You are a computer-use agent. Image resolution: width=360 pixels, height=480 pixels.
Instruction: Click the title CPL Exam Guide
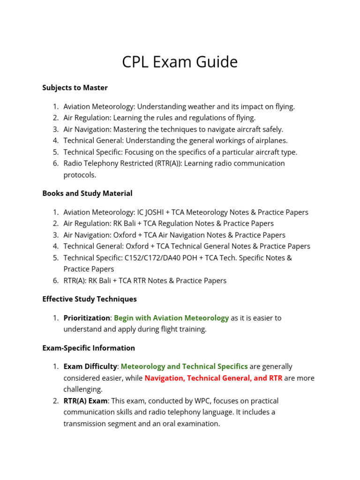[x=180, y=62]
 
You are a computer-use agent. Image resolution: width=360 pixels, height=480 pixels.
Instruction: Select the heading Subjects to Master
[x=75, y=88]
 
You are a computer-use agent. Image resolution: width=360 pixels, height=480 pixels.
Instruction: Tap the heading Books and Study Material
[x=87, y=193]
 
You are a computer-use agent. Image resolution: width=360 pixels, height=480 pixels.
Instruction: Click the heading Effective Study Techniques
[x=90, y=299]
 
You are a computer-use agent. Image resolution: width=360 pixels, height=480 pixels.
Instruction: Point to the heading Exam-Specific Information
[x=89, y=348]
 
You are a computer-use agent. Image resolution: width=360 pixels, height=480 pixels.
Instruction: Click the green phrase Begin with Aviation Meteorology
[x=171, y=318]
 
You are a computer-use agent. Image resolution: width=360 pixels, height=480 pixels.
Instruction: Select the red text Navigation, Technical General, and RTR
[x=213, y=378]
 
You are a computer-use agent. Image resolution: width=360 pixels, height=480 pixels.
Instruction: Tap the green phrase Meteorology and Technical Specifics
[x=184, y=367]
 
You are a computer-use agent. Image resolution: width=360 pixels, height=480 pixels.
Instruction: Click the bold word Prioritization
[x=87, y=318]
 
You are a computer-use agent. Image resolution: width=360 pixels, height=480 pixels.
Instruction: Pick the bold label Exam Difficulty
[x=90, y=367]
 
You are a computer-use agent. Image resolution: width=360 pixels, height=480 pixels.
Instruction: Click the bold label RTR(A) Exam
[x=86, y=401]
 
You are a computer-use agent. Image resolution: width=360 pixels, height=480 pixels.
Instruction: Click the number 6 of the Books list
[x=55, y=280]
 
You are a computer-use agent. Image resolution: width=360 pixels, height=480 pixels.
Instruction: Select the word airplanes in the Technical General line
[x=270, y=141]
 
